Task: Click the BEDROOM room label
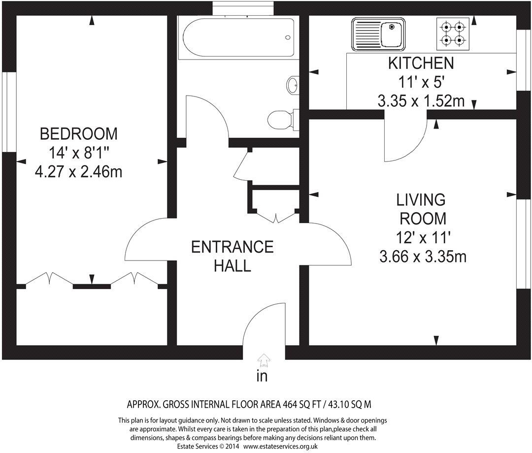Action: point(79,134)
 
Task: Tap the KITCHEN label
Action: point(421,64)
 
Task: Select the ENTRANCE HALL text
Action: point(233,257)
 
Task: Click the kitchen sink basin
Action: point(392,34)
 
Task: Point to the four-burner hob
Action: point(453,33)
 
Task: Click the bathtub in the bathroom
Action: point(238,37)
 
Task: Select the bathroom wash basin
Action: point(293,84)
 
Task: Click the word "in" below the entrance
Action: point(262,376)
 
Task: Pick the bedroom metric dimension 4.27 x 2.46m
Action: point(79,172)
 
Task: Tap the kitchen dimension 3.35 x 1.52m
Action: point(421,101)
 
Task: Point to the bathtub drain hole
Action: point(288,37)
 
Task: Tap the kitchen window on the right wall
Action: point(524,61)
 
